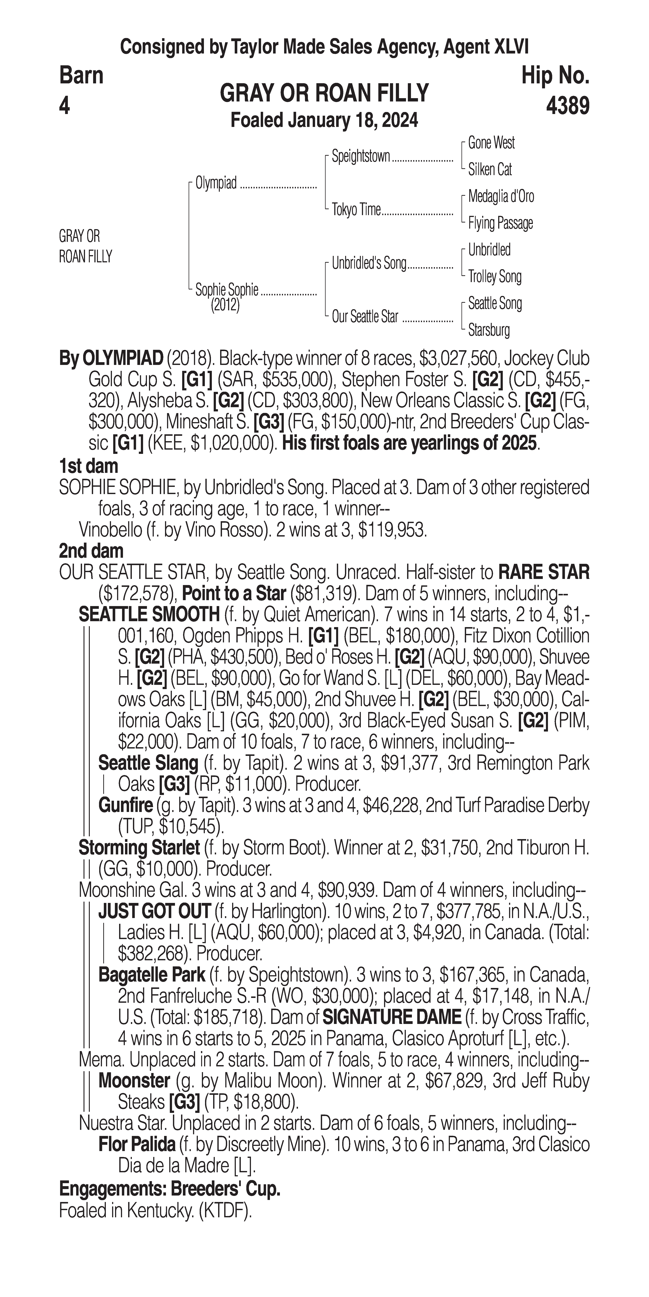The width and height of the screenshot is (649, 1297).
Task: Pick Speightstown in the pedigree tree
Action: coord(361,157)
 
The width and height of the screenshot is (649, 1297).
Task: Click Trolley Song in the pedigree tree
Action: coord(494,276)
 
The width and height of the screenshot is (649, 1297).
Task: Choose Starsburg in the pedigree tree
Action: coord(489,330)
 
